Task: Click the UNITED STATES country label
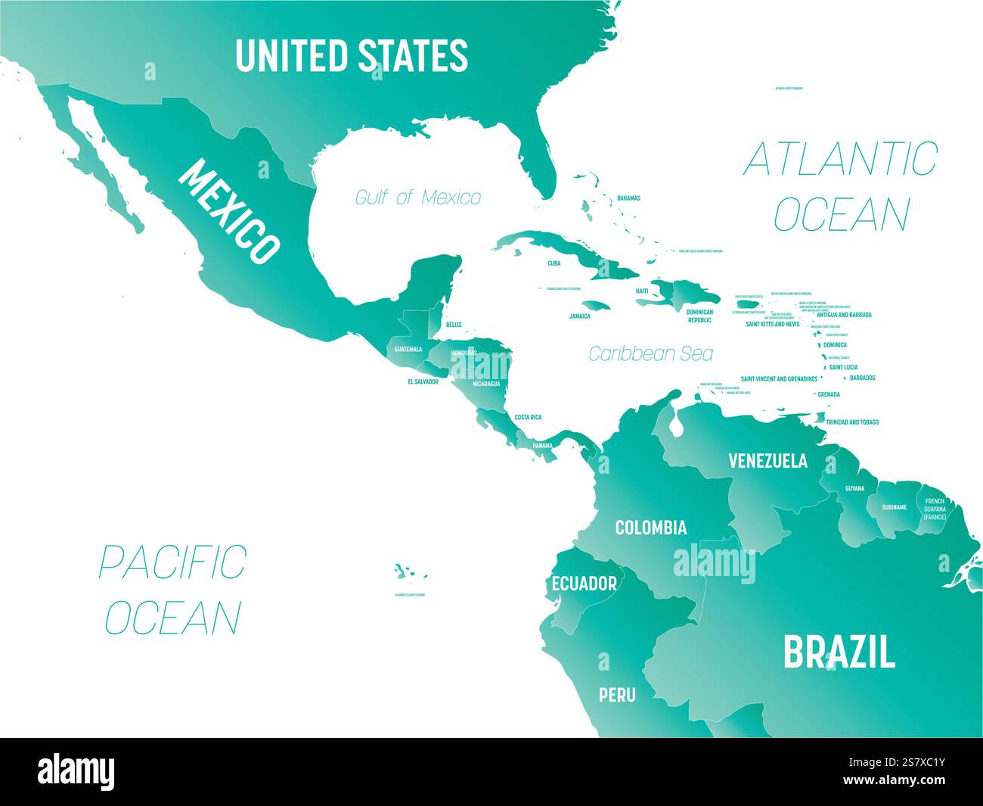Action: (351, 55)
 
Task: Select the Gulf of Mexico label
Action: (418, 198)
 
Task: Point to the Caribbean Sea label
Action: (650, 353)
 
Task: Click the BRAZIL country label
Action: (839, 652)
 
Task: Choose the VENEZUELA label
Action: (767, 460)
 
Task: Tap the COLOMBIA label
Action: (650, 527)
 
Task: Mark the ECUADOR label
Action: (584, 583)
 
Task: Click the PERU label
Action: (617, 695)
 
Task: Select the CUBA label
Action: (554, 264)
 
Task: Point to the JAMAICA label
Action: (580, 316)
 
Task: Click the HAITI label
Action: (642, 291)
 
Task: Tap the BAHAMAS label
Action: (628, 198)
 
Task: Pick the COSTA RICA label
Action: (528, 417)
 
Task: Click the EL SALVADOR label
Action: (423, 381)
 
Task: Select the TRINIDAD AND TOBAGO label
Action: (851, 422)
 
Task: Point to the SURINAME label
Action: (894, 507)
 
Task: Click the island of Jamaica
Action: (598, 306)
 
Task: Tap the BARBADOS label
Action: (862, 378)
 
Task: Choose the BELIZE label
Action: (454, 325)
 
